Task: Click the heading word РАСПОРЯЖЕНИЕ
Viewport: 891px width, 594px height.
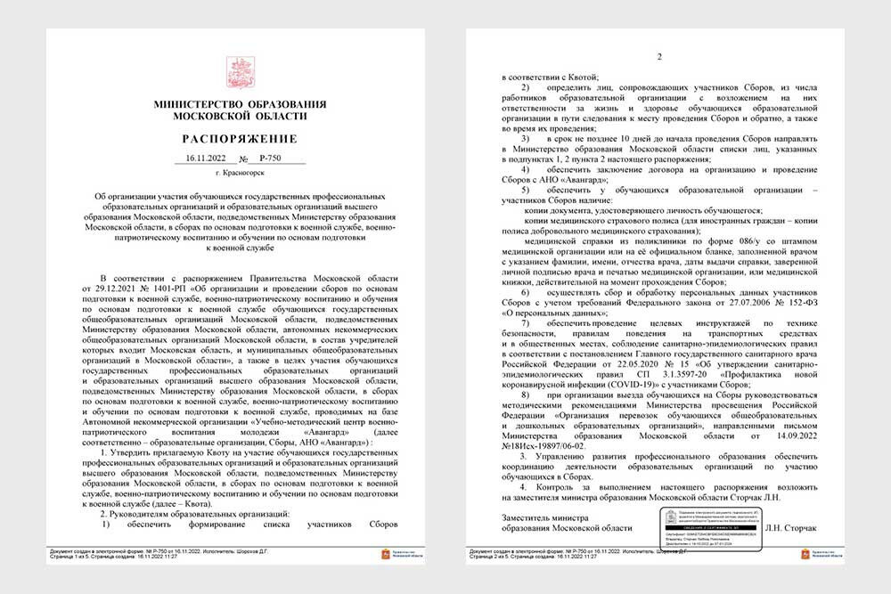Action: click(x=240, y=139)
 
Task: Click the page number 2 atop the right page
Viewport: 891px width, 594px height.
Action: click(x=659, y=58)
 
